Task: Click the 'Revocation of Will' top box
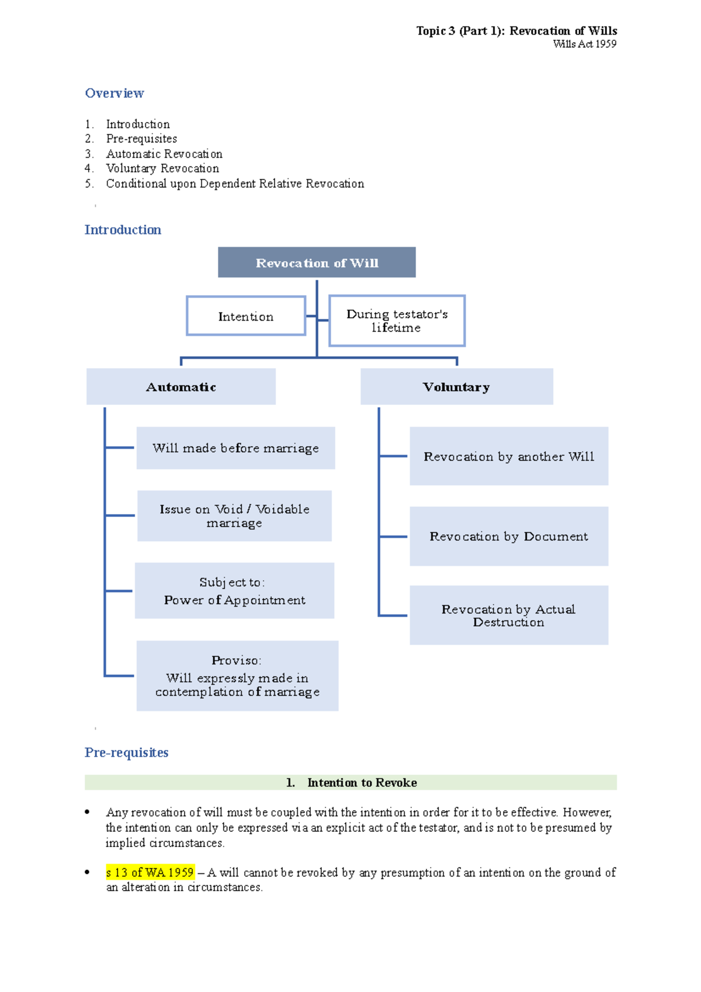[x=317, y=262]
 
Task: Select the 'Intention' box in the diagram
[x=246, y=316]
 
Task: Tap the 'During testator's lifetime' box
[x=397, y=321]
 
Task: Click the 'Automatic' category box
[x=181, y=387]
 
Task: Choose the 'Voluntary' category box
[x=456, y=387]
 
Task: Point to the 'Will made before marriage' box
[x=235, y=448]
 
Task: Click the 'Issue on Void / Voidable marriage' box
[x=234, y=516]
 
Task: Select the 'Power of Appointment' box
[x=234, y=591]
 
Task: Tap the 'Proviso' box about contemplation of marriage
[x=237, y=676]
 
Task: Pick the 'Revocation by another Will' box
[x=509, y=456]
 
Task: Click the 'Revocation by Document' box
[x=509, y=536]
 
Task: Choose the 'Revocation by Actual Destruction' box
[x=509, y=615]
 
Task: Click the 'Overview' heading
[x=114, y=93]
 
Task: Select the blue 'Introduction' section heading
[x=123, y=230]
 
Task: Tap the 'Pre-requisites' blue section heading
[x=126, y=752]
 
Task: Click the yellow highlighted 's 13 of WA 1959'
[x=150, y=872]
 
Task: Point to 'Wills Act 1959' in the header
[x=584, y=44]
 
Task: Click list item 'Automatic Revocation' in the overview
[x=164, y=154]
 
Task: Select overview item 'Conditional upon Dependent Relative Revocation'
[x=235, y=183]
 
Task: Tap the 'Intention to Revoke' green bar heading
[x=351, y=782]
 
